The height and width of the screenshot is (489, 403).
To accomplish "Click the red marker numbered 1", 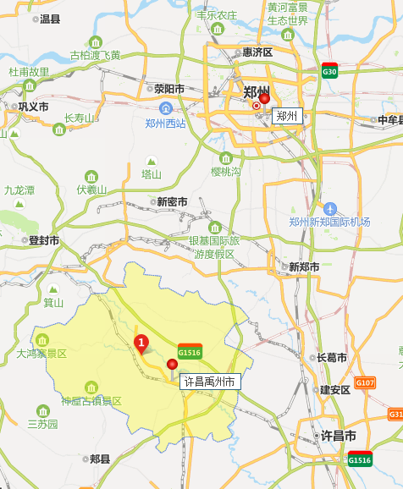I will coord(141,342).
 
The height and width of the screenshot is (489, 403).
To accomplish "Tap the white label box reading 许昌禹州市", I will coord(211,382).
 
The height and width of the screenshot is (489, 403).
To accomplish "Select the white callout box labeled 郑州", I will coord(287,116).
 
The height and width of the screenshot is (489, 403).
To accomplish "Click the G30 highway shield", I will coord(330,71).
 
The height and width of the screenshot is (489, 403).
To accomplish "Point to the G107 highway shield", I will coord(365,383).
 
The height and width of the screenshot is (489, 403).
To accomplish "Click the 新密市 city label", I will coord(172,201).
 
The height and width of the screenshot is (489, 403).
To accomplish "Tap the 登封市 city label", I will coord(44,240).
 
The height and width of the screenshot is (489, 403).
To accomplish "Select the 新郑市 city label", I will coord(304,266).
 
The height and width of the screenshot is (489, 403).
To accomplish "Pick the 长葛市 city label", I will coord(331,358).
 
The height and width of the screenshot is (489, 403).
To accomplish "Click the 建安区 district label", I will coord(334,390).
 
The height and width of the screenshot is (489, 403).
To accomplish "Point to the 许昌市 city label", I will coord(338,436).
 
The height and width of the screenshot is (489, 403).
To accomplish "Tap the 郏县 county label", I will coord(99,459).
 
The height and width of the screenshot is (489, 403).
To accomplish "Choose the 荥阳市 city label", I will coord(169,88).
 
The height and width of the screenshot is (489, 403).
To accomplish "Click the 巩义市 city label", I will coord(33,107).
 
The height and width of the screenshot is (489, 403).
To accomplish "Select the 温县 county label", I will coord(50,19).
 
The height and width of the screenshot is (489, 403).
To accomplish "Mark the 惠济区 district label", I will coord(257,52).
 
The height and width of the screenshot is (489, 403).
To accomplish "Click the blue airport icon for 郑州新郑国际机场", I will coord(330,208).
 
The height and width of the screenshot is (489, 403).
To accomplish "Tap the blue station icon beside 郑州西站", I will coord(166,108).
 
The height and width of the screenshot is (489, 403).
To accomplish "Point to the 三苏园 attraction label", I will coord(42,423).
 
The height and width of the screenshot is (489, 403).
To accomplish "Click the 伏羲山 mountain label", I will coord(91,190).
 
